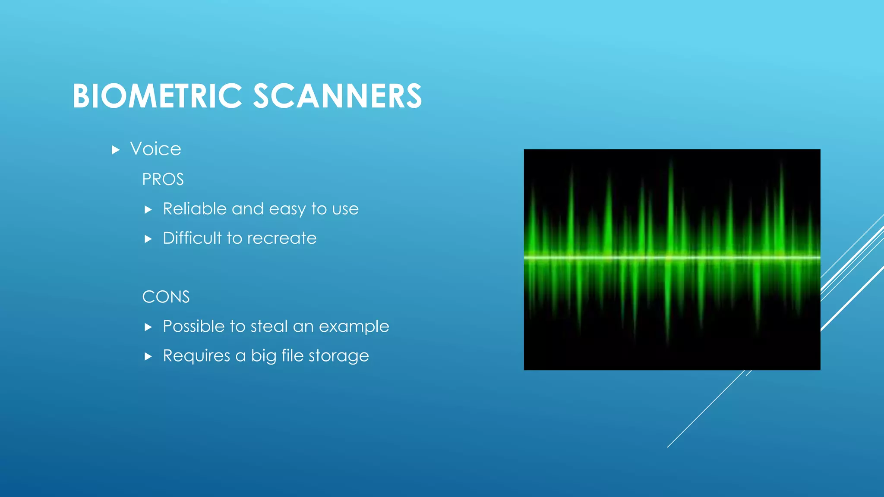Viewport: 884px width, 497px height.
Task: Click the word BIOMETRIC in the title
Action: point(157,96)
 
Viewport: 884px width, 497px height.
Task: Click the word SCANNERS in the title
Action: point(337,96)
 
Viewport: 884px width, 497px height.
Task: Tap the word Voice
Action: point(155,149)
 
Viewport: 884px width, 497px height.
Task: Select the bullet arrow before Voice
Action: point(115,150)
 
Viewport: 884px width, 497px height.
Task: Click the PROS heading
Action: point(163,179)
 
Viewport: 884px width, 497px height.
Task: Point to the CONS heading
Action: point(166,297)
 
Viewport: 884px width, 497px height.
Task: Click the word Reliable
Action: point(195,209)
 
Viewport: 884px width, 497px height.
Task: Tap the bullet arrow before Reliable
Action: point(148,210)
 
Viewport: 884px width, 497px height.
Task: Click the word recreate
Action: point(282,239)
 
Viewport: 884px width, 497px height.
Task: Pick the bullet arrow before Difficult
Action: point(148,239)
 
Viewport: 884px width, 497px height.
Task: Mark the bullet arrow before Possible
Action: point(148,327)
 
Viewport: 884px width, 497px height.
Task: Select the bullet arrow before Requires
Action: point(148,357)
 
